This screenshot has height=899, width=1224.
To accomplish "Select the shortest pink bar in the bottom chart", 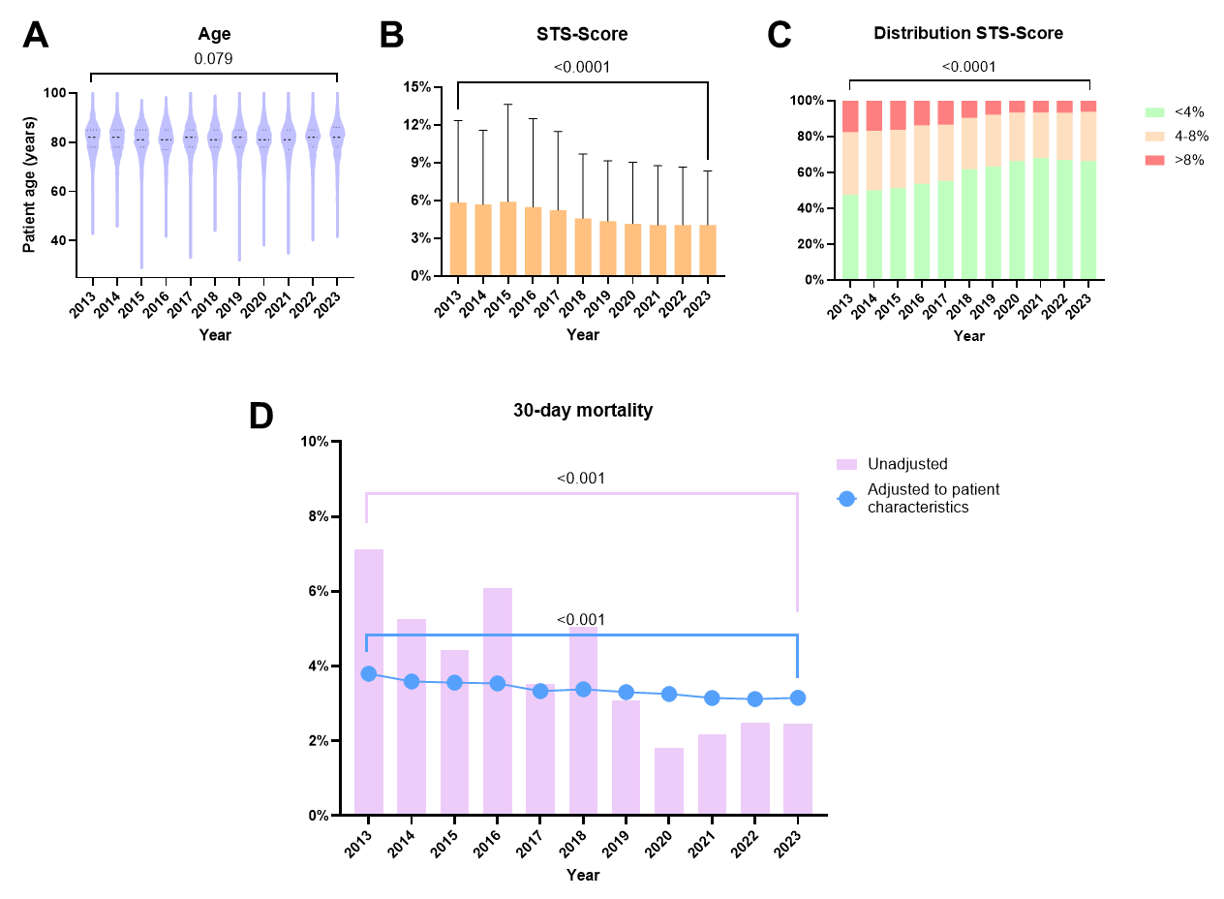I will [669, 781].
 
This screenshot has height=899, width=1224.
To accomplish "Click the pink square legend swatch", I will [846, 465].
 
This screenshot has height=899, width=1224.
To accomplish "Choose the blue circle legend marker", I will [846, 499].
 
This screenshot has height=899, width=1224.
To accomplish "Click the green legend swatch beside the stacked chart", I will [1154, 112].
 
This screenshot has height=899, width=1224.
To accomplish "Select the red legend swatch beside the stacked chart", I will [1154, 161].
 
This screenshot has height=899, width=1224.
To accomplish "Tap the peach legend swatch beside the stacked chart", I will [1154, 137].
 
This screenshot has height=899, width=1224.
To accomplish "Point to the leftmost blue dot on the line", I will [369, 673].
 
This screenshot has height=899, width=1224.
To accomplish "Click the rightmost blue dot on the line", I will [798, 697].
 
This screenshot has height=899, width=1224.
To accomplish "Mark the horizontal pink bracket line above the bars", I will [581, 493].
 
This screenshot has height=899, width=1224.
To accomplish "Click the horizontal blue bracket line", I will [581, 635].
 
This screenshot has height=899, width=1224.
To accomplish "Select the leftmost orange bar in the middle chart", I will [458, 239].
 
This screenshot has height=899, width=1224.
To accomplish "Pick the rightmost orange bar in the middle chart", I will [708, 250].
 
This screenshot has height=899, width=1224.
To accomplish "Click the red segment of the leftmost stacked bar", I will [850, 116].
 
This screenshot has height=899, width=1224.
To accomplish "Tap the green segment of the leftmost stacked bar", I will [850, 237].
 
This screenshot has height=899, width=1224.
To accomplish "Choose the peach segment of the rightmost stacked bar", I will [1088, 137].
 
